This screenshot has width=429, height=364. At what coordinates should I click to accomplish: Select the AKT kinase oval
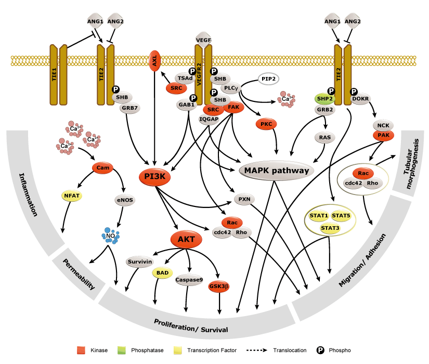pos(186,240)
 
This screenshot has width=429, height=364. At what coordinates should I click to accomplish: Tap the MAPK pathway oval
pos(273,170)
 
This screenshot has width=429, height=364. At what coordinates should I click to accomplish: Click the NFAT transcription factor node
pos(71,196)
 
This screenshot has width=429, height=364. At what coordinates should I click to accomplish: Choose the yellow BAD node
pos(162,272)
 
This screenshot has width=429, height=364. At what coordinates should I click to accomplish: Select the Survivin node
pos(139,262)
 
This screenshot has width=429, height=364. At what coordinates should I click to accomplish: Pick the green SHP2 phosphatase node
pos(324,98)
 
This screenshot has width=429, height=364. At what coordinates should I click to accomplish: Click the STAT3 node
pos(330,227)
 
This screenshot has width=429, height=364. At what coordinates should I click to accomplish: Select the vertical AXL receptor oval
pos(154,61)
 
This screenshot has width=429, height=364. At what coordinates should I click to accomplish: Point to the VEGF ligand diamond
pos(202,38)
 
